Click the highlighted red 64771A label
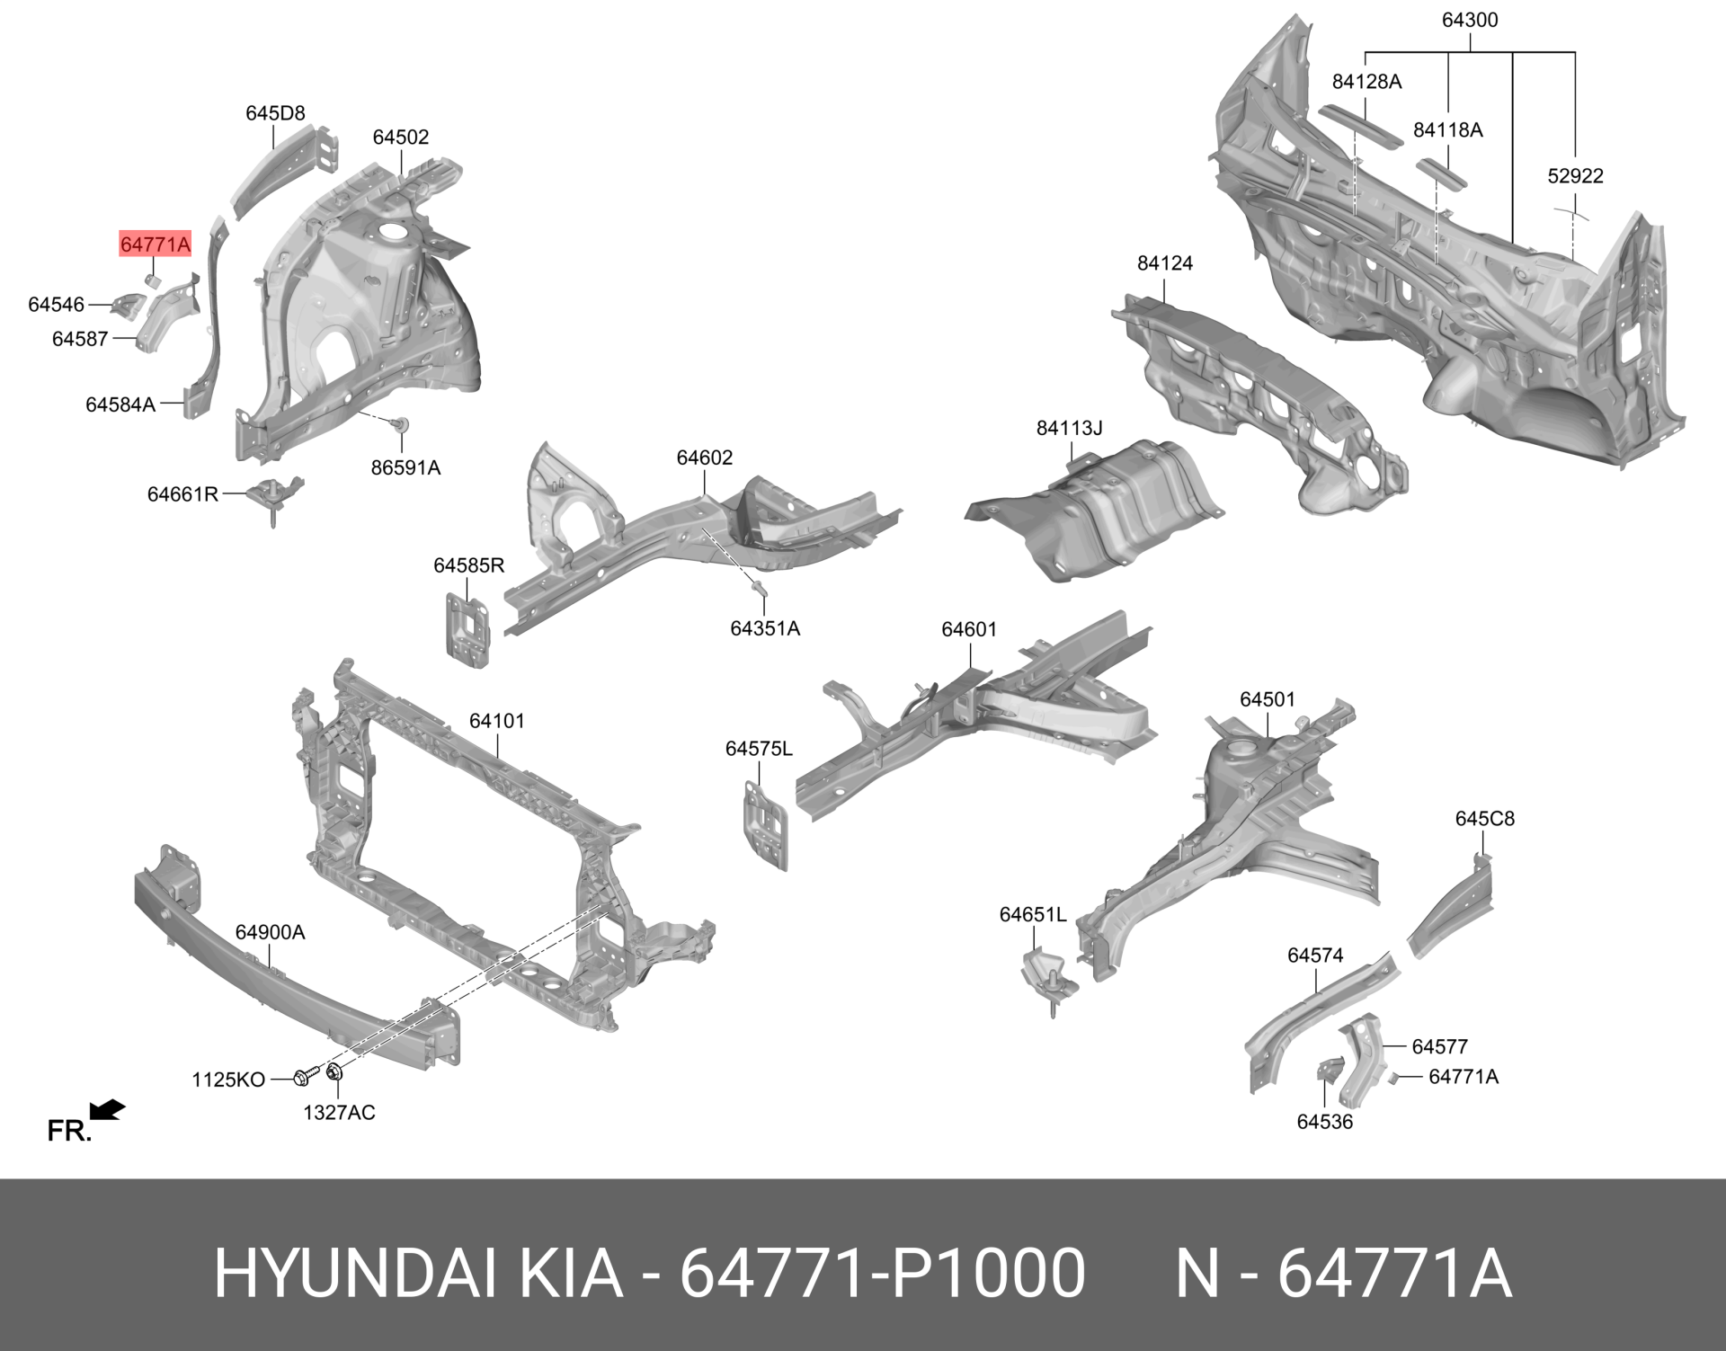pyautogui.click(x=156, y=244)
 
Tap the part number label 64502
pyautogui.click(x=401, y=138)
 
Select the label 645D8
pyautogui.click(x=275, y=113)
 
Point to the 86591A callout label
pyautogui.click(x=405, y=467)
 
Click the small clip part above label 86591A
pyautogui.click(x=401, y=423)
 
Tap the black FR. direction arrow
pyautogui.click(x=108, y=1111)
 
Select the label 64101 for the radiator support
pyautogui.click(x=497, y=721)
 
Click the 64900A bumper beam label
pyautogui.click(x=270, y=932)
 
